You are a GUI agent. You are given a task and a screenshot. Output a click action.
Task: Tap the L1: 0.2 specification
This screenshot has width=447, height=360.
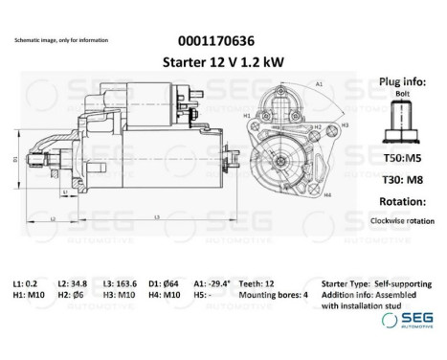tap(25, 285)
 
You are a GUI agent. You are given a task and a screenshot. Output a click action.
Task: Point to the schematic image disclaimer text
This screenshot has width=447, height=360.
tap(61, 41)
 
